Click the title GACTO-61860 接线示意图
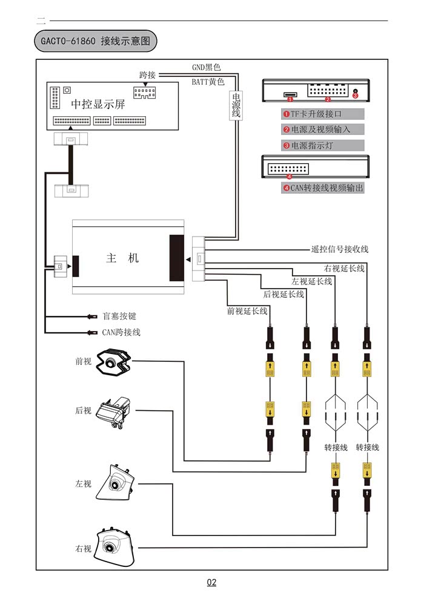pos(96,41)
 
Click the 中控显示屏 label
pos(98,104)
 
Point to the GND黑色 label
pos(207,67)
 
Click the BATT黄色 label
pos(208,82)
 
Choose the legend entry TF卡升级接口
pos(323,114)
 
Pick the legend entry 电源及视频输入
pos(323,129)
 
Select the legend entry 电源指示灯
pos(319,145)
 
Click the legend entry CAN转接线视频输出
pos(323,188)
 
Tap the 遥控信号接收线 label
pos(339,249)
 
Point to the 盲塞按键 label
pos(119,316)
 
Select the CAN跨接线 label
pos(121,332)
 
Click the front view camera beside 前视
pos(113,362)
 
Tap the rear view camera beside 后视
pos(114,411)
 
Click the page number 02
pos(211,583)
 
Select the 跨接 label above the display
pos(147,75)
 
